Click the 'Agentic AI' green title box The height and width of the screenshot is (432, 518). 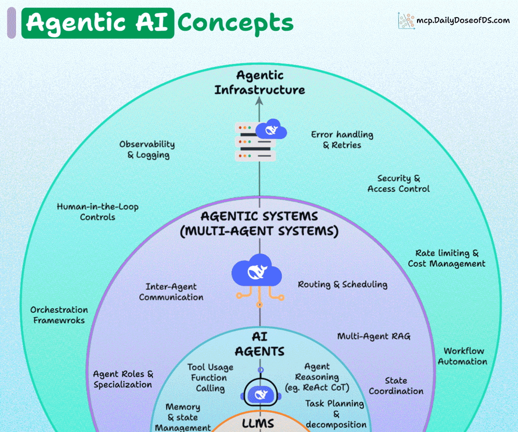pyautogui.click(x=98, y=22)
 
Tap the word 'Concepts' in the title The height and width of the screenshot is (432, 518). pyautogui.click(x=235, y=22)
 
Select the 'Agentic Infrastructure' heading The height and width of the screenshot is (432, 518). pyautogui.click(x=260, y=83)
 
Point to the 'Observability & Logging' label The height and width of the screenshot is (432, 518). pyautogui.click(x=147, y=149)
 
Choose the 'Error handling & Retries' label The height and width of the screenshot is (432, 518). pyautogui.click(x=342, y=140)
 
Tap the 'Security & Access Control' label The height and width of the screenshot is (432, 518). pyautogui.click(x=398, y=184)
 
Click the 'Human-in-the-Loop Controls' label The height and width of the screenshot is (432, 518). pyautogui.click(x=97, y=212)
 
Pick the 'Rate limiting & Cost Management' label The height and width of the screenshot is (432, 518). pyautogui.click(x=447, y=258)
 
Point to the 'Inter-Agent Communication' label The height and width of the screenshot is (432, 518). pyautogui.click(x=171, y=291)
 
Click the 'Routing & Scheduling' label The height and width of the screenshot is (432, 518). pyautogui.click(x=342, y=284)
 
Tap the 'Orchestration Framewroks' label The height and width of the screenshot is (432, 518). pyautogui.click(x=59, y=315)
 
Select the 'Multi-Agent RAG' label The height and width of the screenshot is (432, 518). pyautogui.click(x=373, y=336)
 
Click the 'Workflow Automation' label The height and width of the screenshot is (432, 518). pyautogui.click(x=463, y=356)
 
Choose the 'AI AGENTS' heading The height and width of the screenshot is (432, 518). pyautogui.click(x=260, y=344)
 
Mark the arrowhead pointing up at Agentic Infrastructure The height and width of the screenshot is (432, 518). pyautogui.click(x=260, y=103)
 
